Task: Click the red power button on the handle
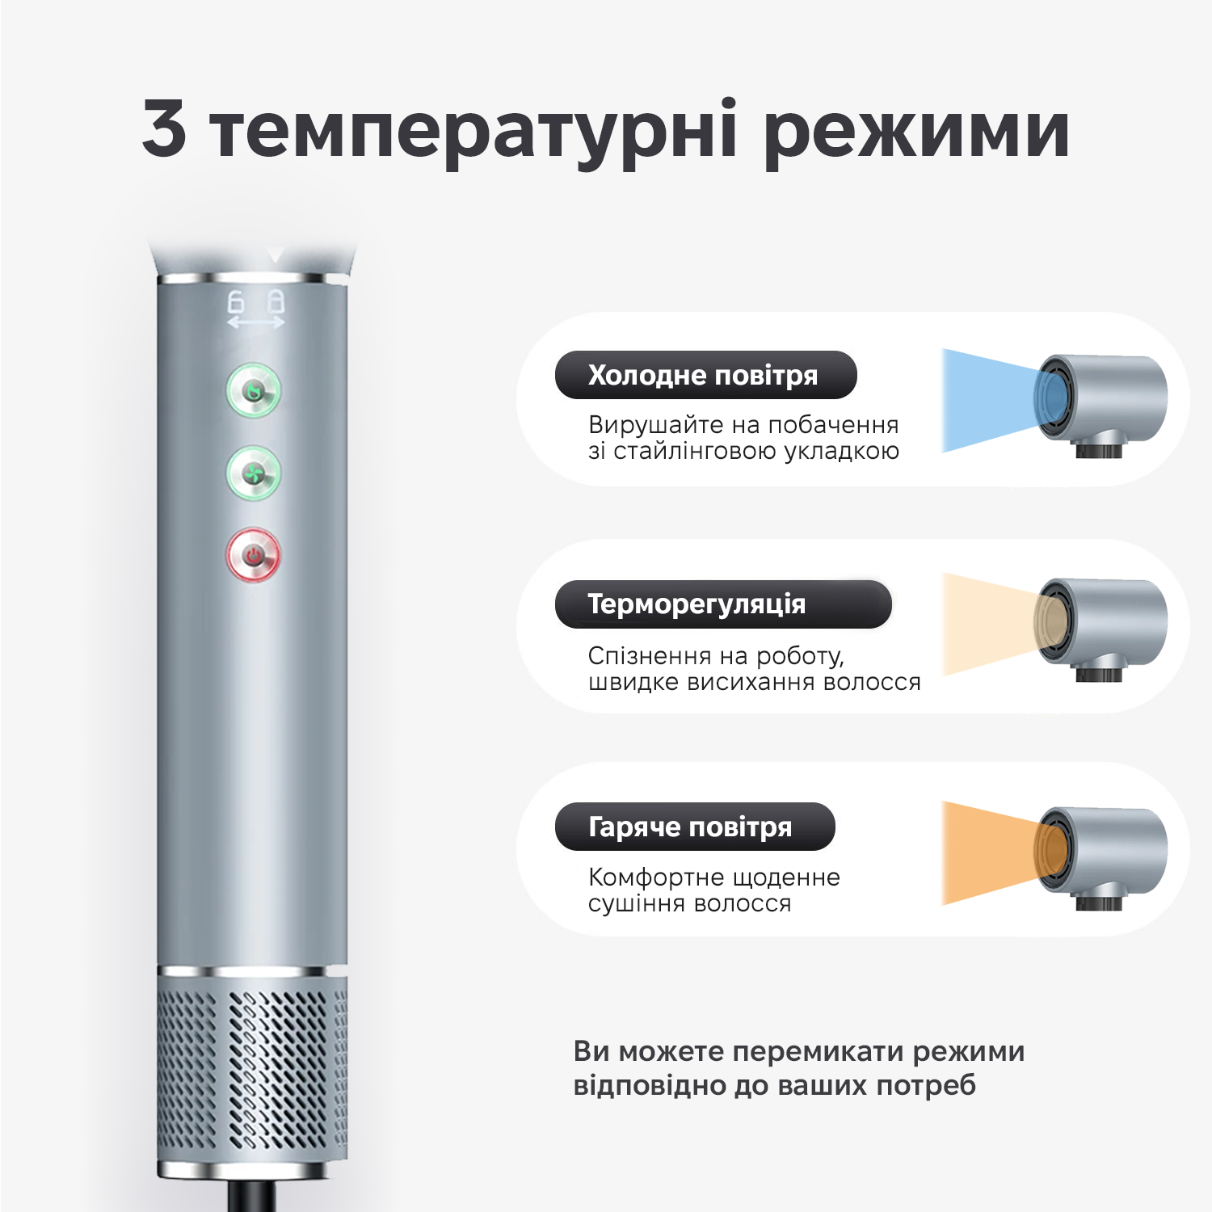click(254, 555)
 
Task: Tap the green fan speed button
click(254, 473)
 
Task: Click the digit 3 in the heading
click(164, 128)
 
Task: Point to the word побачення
click(833, 425)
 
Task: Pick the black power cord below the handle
click(252, 1196)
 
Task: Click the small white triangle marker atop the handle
click(276, 256)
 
